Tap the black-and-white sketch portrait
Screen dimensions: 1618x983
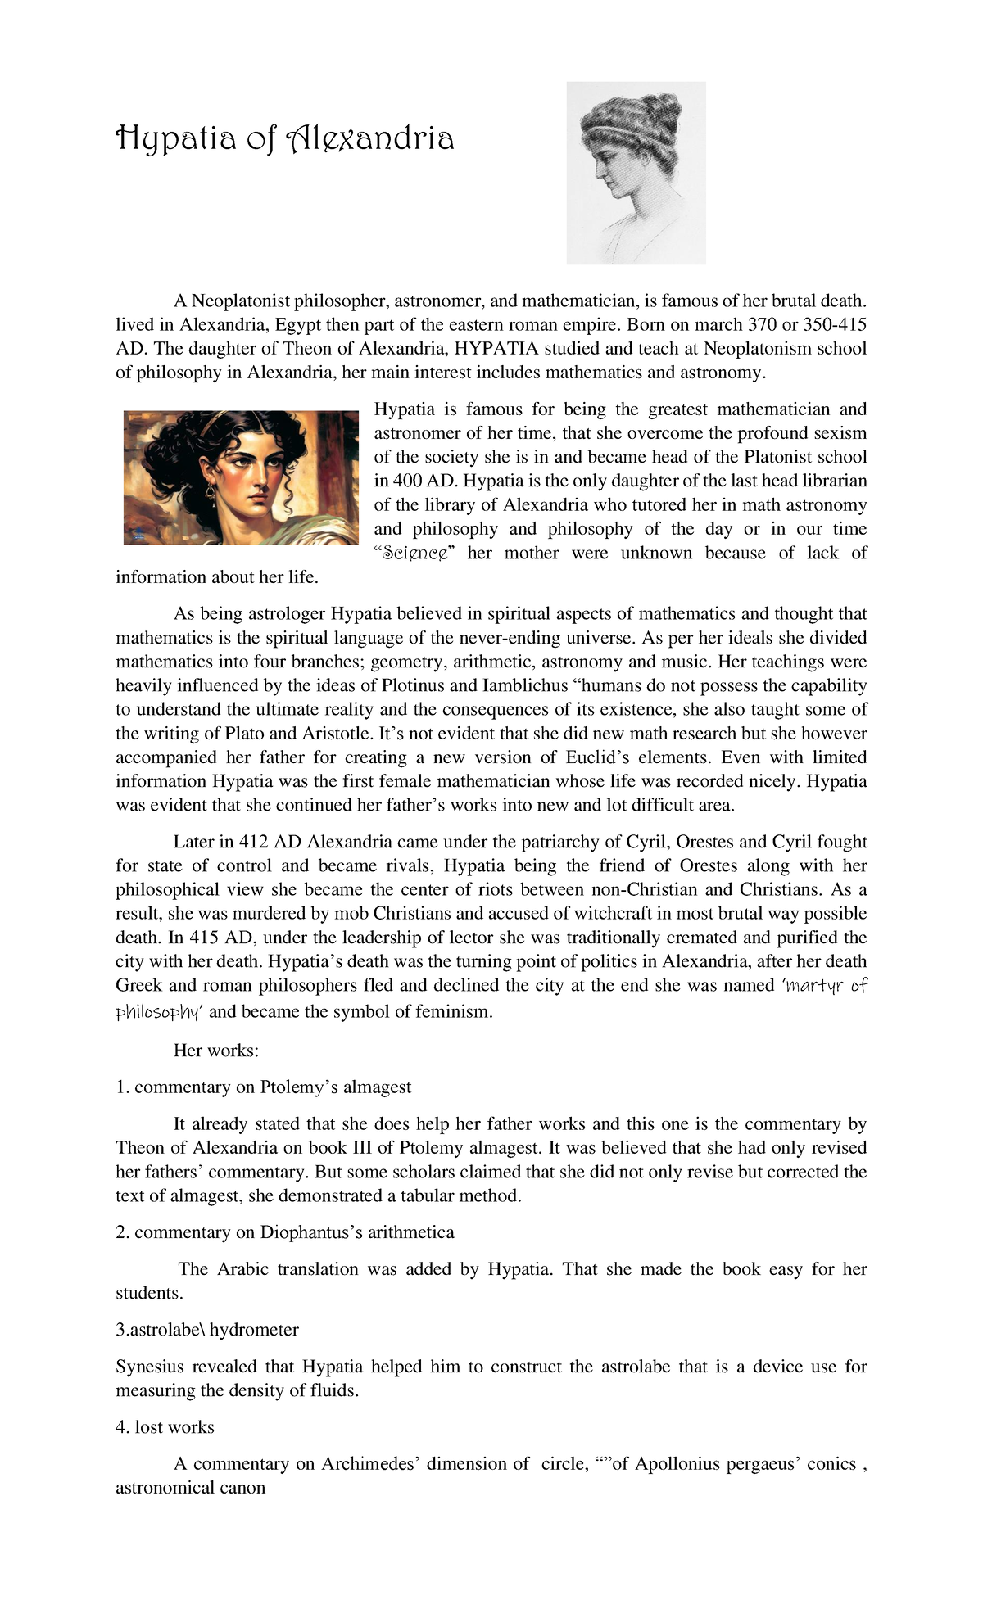[636, 173]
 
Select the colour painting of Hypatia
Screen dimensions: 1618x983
[241, 477]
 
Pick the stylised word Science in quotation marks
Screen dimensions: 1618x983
[419, 554]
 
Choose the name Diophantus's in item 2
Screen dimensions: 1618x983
[311, 1232]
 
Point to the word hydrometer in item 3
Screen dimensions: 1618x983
[254, 1330]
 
